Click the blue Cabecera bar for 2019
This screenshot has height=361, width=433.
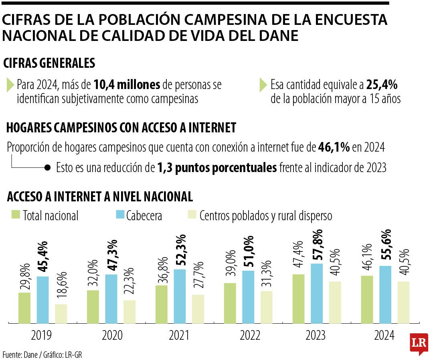(x=42, y=300)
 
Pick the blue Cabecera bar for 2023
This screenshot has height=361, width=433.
(x=317, y=293)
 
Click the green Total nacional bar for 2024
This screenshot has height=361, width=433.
(x=367, y=299)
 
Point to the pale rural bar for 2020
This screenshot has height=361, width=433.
(x=129, y=311)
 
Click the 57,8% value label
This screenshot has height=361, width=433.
(x=317, y=245)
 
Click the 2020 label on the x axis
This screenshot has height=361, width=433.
(x=112, y=335)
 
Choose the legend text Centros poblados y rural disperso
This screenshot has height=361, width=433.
(x=265, y=216)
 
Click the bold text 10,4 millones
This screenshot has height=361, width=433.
(x=127, y=85)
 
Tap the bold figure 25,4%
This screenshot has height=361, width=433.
(x=382, y=85)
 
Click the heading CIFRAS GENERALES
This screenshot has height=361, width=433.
(x=49, y=63)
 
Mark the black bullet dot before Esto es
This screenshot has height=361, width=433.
(x=47, y=167)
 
